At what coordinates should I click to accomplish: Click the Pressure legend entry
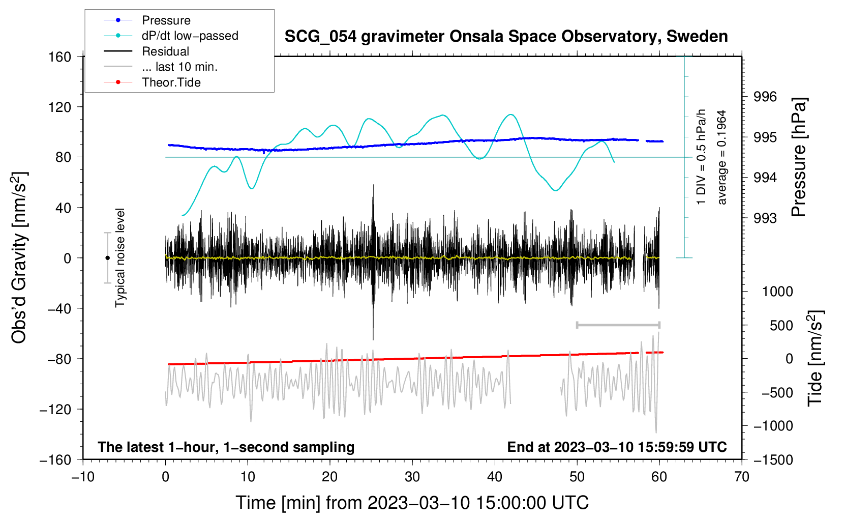click(x=147, y=20)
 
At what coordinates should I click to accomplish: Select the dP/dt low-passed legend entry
click(x=171, y=36)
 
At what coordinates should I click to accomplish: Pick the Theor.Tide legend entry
click(x=152, y=82)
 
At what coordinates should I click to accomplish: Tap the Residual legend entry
click(x=146, y=51)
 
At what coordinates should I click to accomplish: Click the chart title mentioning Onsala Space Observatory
click(x=506, y=37)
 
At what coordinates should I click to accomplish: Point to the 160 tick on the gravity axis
click(x=60, y=57)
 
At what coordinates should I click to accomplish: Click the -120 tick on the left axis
click(x=55, y=409)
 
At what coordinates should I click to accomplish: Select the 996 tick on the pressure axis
click(x=765, y=97)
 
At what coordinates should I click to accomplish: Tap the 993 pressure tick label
click(x=765, y=218)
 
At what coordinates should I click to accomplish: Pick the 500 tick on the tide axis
click(x=781, y=326)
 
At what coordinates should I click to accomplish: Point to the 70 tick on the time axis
click(x=741, y=477)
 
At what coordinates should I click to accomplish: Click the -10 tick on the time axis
click(x=83, y=477)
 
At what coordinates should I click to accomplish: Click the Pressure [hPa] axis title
click(x=798, y=157)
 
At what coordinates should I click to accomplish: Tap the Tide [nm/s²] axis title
click(x=815, y=358)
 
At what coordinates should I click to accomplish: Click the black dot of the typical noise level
click(x=107, y=258)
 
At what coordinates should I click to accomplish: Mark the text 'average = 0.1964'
click(x=721, y=157)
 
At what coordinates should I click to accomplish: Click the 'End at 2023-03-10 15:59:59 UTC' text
click(x=617, y=447)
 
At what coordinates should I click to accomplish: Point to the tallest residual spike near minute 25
click(x=373, y=185)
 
